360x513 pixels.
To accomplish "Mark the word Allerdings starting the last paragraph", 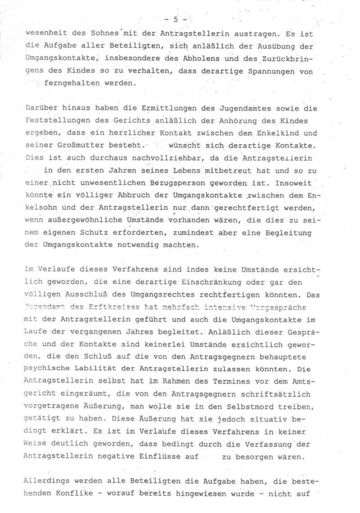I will coord(45,480).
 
